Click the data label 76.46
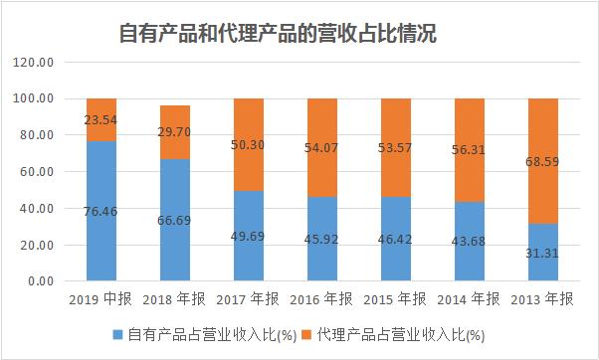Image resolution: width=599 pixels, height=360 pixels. pyautogui.click(x=101, y=211)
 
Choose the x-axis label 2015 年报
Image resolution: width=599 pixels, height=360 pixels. pyautogui.click(x=395, y=299)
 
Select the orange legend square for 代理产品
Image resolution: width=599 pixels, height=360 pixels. pyautogui.click(x=308, y=335)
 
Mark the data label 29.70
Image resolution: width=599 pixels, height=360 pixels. pyautogui.click(x=175, y=131)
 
